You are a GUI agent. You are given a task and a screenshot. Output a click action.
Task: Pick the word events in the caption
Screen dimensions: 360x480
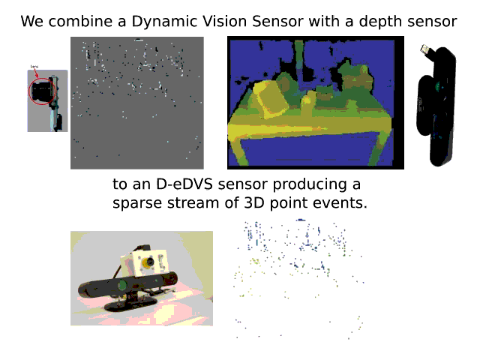tap(342, 203)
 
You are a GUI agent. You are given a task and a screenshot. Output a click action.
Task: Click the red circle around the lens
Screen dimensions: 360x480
tap(40, 91)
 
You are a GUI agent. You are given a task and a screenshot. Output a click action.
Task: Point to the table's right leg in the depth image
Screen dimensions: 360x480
tap(379, 142)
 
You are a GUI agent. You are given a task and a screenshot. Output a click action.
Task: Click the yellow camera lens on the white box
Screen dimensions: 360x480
tap(148, 263)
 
